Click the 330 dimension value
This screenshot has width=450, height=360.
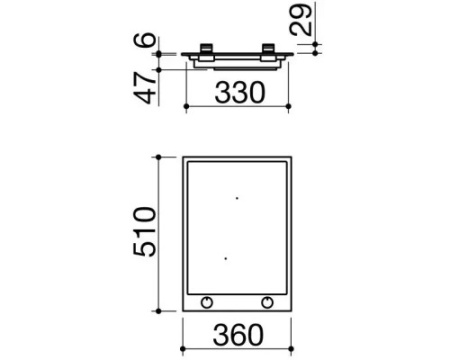pos(240,93)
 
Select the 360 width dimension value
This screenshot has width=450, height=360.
pos(238,335)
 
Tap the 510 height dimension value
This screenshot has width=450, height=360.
pos(145,232)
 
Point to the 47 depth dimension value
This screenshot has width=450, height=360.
pos(145,88)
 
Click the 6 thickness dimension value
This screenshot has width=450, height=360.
pos(145,39)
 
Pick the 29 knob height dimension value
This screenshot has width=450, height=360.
pos(301,19)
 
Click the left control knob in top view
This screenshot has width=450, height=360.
pos(207,303)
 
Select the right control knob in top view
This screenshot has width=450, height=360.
pos(267,303)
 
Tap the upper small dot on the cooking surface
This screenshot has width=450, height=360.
pos(237,198)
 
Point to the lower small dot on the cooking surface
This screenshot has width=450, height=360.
pos(226,258)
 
